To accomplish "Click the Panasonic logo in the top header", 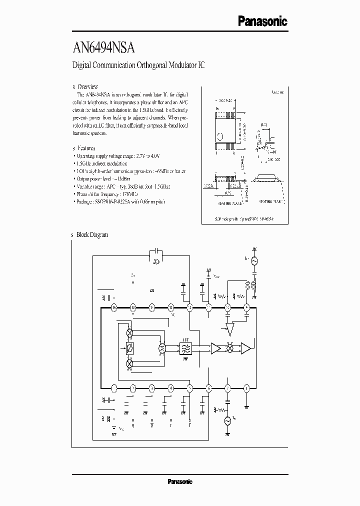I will [x=262, y=21].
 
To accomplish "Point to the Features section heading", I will [x=86, y=148].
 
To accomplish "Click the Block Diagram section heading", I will [x=91, y=234].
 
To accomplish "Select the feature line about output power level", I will [x=102, y=178].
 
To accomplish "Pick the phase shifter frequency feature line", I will [x=105, y=193].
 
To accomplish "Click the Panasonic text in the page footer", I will [x=179, y=482].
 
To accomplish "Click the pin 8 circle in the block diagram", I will [x=246, y=387].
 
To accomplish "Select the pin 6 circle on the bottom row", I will [x=208, y=387].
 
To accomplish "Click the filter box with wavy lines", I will [x=185, y=348].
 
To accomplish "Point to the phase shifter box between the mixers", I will [x=129, y=348].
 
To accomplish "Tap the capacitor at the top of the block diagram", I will [x=156, y=252].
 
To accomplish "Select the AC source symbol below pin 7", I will [x=228, y=420].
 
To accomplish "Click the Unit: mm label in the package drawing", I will [x=278, y=92].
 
